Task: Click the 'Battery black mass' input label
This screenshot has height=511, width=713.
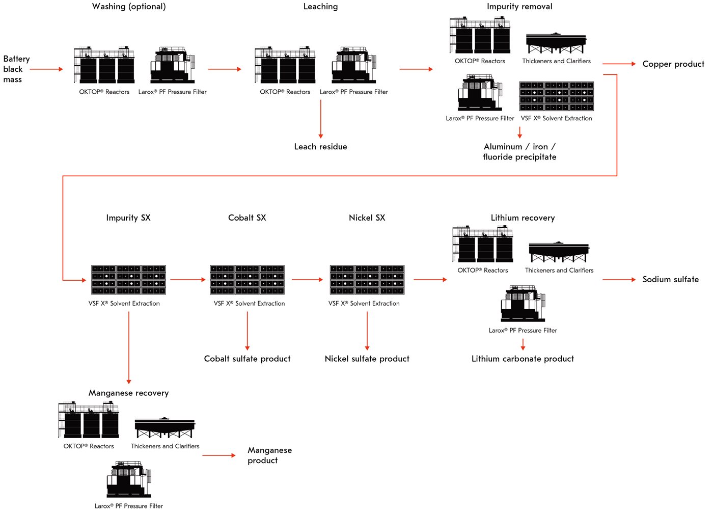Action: coord(16,69)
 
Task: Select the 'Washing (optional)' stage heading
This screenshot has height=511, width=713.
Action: coord(129,7)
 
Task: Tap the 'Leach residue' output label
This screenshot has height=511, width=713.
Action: coord(320,147)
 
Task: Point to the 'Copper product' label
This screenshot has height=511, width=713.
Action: coord(673,64)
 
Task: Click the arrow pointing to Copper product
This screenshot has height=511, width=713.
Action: coord(619,64)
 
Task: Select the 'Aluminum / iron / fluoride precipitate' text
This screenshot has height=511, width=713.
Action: coord(519,152)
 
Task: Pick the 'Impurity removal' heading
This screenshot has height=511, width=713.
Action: coord(519,7)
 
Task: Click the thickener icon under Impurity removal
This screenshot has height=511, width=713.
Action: coord(556,43)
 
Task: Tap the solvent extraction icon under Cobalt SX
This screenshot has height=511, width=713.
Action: coord(247,280)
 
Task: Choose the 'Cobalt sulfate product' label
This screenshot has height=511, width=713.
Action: coord(247,359)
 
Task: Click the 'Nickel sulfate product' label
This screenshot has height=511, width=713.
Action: coord(367,359)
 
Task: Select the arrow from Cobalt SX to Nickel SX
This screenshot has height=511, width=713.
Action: coord(307,280)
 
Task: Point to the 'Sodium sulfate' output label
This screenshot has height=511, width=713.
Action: coord(670,280)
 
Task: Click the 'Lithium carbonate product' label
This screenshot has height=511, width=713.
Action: coord(523,359)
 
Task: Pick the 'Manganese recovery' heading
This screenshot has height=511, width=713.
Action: coord(128,393)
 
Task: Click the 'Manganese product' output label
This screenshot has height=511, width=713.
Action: coord(269,455)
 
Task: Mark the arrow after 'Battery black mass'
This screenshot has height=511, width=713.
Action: coord(46,69)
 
